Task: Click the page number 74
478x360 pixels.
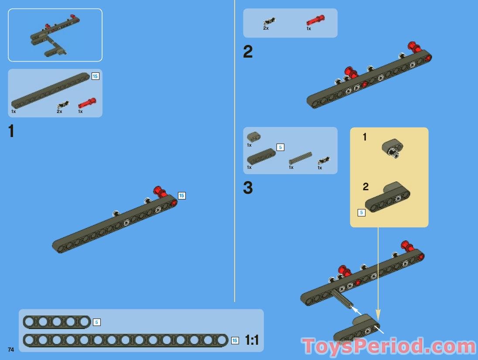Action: pos(11,350)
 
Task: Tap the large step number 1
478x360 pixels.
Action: pos(11,131)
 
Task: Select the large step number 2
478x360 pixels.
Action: pos(248,52)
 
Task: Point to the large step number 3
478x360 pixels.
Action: pos(248,188)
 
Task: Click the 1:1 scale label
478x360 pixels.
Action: pos(252,340)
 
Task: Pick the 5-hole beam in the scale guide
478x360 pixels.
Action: pos(57,322)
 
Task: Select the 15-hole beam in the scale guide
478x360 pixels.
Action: pos(126,340)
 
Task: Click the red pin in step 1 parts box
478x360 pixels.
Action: pos(87,103)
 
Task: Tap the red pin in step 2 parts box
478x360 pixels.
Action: pos(315,21)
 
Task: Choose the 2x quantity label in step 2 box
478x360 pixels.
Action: pos(266,28)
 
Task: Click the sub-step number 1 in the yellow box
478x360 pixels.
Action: pos(365,137)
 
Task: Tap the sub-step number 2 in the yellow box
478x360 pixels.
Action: pos(365,187)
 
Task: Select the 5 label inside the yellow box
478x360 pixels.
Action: pos(361,213)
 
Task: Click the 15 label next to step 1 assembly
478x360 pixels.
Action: pos(182,195)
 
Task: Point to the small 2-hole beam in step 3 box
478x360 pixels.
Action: pos(253,137)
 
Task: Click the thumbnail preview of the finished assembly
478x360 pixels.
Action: pos(55,35)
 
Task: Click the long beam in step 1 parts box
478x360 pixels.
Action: pos(50,90)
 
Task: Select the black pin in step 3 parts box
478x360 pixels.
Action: pos(324,160)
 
